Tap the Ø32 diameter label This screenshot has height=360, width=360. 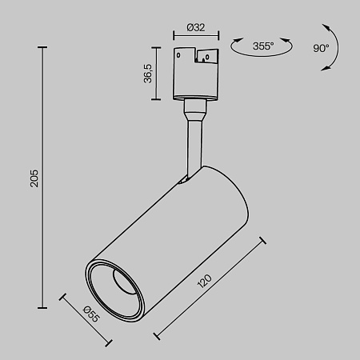coord(195,26)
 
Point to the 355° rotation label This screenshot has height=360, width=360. coord(262,46)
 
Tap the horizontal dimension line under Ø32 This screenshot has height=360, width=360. coord(195,35)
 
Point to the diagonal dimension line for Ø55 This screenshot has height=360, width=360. coord(86,321)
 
